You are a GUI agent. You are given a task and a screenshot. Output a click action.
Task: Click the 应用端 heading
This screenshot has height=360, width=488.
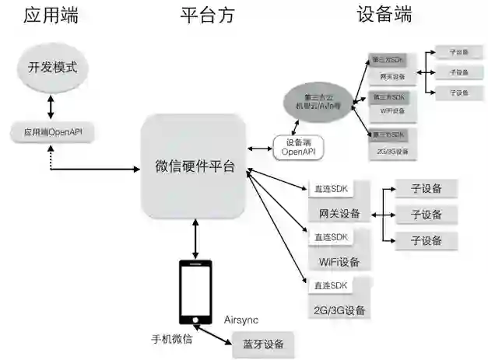tap(51, 15)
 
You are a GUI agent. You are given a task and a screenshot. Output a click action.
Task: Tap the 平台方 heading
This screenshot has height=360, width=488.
tap(206, 15)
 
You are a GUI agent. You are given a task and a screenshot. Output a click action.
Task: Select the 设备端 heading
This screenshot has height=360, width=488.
tap(384, 15)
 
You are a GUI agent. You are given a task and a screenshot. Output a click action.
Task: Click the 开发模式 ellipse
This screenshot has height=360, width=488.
tap(52, 67)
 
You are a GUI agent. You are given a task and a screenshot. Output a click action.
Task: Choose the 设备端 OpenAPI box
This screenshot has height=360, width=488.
tap(298, 147)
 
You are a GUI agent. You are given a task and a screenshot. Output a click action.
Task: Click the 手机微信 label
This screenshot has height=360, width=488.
tap(171, 340)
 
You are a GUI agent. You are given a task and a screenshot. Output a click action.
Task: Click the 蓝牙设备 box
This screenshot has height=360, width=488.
tap(263, 344)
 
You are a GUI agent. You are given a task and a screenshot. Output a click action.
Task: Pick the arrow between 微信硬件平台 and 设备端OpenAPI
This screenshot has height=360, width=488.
tap(258, 149)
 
